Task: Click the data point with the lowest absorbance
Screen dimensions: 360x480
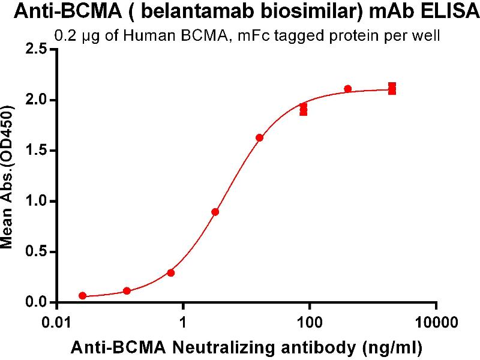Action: click(x=82, y=296)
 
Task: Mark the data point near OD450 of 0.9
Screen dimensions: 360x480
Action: click(x=215, y=212)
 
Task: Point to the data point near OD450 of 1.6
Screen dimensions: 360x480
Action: click(x=259, y=137)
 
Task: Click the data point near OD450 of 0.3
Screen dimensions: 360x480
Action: click(x=171, y=272)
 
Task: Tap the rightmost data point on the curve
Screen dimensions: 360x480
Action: click(x=392, y=89)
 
